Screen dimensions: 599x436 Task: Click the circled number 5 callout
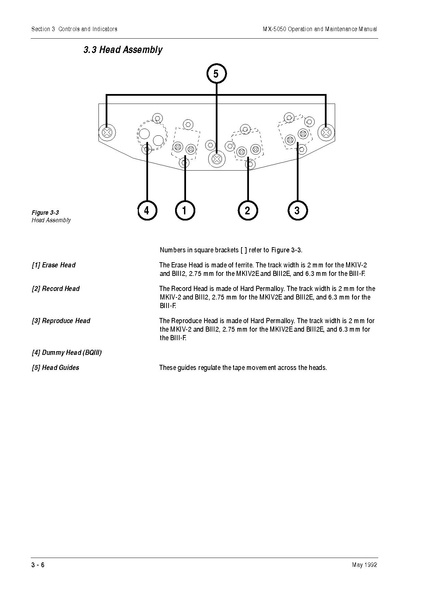(x=216, y=73)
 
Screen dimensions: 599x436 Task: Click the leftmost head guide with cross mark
(x=108, y=130)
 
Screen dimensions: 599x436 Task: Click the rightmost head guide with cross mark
(x=327, y=130)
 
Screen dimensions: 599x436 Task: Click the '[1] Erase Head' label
(x=54, y=265)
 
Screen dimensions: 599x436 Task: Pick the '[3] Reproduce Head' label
(x=61, y=320)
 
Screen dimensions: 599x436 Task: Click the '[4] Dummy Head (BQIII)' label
(x=66, y=352)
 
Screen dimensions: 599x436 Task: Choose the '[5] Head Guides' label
(x=55, y=368)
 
